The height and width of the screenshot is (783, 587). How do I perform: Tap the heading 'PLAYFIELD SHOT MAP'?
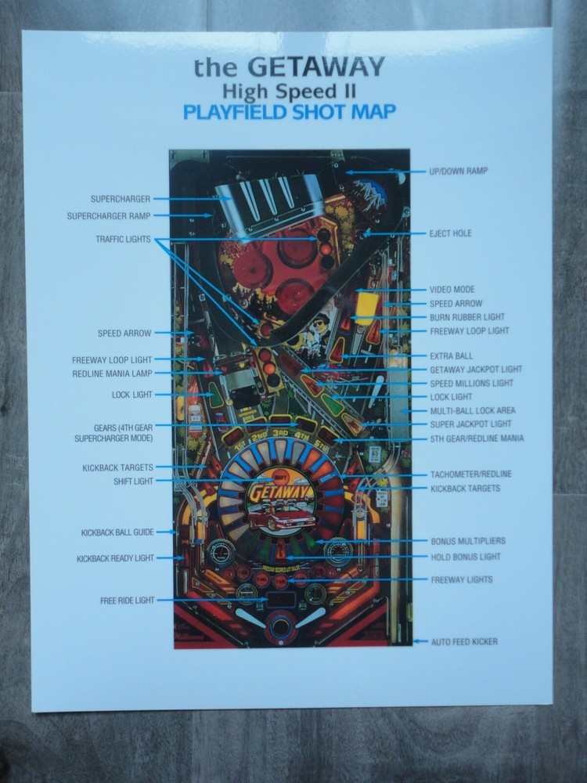pyautogui.click(x=289, y=111)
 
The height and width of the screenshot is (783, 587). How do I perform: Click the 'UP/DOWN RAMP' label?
pyautogui.click(x=459, y=171)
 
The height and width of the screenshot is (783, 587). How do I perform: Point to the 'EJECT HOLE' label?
pyautogui.click(x=451, y=233)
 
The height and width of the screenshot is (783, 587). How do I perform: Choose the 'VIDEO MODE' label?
pyautogui.click(x=452, y=290)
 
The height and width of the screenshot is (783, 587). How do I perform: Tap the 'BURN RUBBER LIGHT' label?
pyautogui.click(x=467, y=317)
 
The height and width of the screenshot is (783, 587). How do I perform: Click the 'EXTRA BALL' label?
pyautogui.click(x=452, y=355)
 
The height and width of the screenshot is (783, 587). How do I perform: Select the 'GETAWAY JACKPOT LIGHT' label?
pyautogui.click(x=476, y=370)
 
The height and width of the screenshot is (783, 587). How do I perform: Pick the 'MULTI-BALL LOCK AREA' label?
pyautogui.click(x=473, y=410)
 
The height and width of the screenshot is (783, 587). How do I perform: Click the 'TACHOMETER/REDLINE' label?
pyautogui.click(x=471, y=474)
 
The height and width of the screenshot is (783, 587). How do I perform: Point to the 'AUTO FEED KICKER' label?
pyautogui.click(x=464, y=642)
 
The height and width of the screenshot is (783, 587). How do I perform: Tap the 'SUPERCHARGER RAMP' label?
pyautogui.click(x=109, y=215)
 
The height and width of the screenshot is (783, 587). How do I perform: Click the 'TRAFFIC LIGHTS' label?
pyautogui.click(x=123, y=239)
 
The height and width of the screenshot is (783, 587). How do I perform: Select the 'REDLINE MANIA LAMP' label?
pyautogui.click(x=112, y=373)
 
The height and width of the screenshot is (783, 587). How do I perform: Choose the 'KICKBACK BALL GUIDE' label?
pyautogui.click(x=117, y=532)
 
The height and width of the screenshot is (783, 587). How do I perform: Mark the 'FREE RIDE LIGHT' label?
pyautogui.click(x=127, y=601)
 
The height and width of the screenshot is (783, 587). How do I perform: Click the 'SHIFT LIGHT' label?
pyautogui.click(x=133, y=482)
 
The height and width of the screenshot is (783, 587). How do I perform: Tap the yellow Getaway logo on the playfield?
pyautogui.click(x=280, y=493)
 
